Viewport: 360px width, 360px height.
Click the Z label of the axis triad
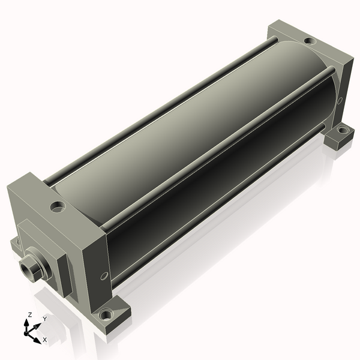click(29, 314)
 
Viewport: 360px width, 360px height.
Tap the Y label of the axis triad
click(45, 319)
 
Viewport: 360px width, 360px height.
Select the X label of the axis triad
click(45, 340)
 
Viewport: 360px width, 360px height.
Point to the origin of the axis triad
click(26, 334)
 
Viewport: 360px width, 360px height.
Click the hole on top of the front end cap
click(58, 207)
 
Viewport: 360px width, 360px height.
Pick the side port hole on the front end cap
click(104, 276)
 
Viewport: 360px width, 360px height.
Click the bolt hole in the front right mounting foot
click(106, 315)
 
